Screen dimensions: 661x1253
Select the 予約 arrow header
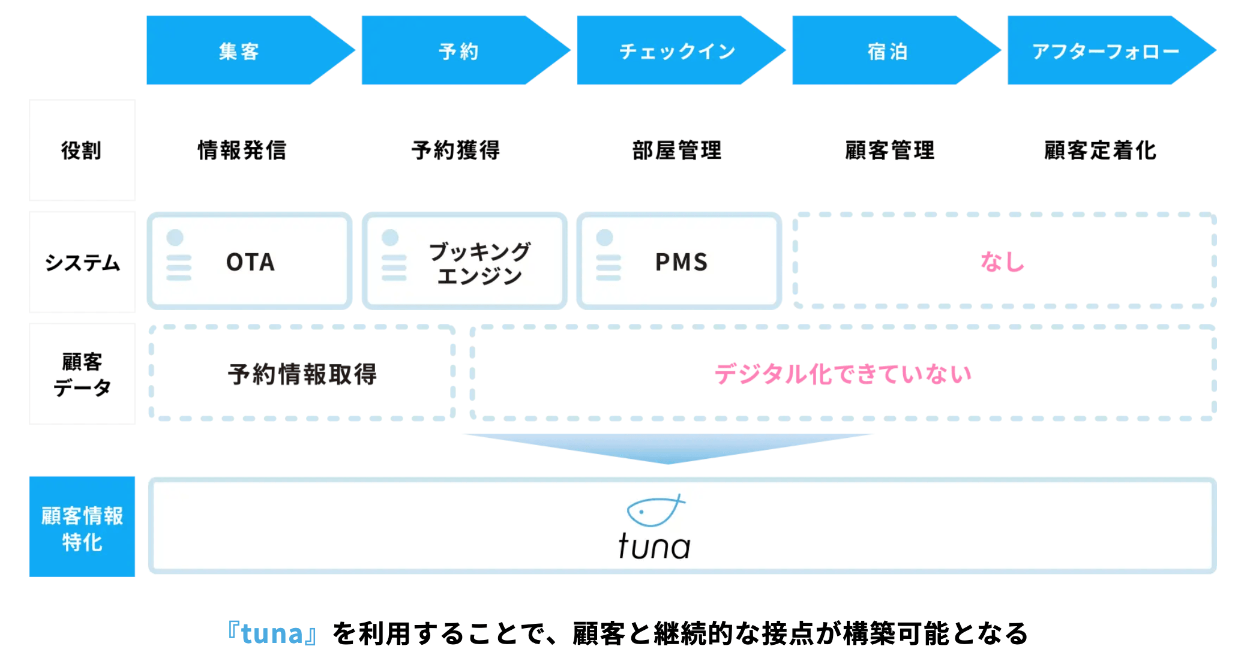click(458, 51)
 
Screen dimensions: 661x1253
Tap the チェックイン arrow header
click(677, 51)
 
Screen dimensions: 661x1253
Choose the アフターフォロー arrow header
click(1105, 51)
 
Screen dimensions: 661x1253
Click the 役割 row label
click(82, 150)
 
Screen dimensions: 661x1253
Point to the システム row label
click(82, 262)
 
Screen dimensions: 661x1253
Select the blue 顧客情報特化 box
click(82, 527)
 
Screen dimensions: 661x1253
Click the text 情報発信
click(242, 150)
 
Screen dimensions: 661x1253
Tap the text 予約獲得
click(455, 150)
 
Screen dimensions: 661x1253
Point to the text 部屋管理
click(677, 150)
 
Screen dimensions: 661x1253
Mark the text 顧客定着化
click(1099, 150)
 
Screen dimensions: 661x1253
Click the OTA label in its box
click(250, 262)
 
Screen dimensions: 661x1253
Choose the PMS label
click(681, 262)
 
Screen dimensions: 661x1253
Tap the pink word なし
click(1002, 262)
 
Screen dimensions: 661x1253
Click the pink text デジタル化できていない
click(843, 374)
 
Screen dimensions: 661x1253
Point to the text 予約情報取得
click(302, 374)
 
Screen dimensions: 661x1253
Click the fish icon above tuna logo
click(654, 510)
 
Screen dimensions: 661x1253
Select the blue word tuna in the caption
click(272, 634)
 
